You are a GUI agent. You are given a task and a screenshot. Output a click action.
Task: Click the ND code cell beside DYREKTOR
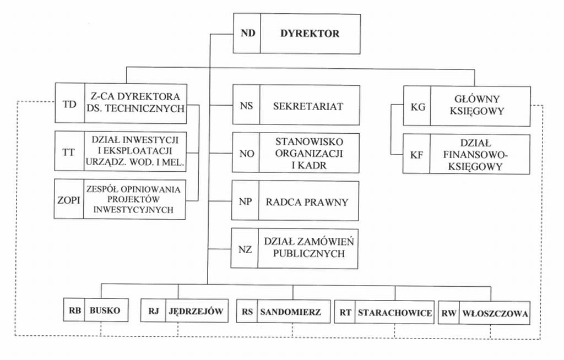point(247,33)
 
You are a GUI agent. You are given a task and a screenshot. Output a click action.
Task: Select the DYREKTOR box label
point(310,33)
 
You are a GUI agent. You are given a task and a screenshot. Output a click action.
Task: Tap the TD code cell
point(70,103)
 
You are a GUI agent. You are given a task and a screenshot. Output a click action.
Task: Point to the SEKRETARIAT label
point(308,106)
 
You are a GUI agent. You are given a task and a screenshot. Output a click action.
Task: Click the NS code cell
point(246,106)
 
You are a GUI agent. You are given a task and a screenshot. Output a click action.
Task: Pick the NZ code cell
point(245,249)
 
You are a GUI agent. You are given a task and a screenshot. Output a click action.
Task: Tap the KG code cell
point(417,107)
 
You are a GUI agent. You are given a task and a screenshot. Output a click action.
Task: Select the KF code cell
point(416,155)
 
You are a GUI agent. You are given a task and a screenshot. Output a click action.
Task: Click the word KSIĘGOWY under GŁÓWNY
point(477,111)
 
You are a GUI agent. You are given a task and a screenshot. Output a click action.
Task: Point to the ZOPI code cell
point(69,199)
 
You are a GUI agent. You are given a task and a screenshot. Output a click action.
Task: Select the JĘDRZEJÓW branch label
point(196,312)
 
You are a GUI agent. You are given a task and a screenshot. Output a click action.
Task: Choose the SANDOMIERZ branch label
point(290,312)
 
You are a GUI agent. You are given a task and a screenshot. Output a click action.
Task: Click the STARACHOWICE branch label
point(394,313)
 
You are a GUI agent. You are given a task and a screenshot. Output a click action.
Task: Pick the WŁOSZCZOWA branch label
point(495,314)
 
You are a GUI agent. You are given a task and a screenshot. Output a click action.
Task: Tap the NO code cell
point(246,154)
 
